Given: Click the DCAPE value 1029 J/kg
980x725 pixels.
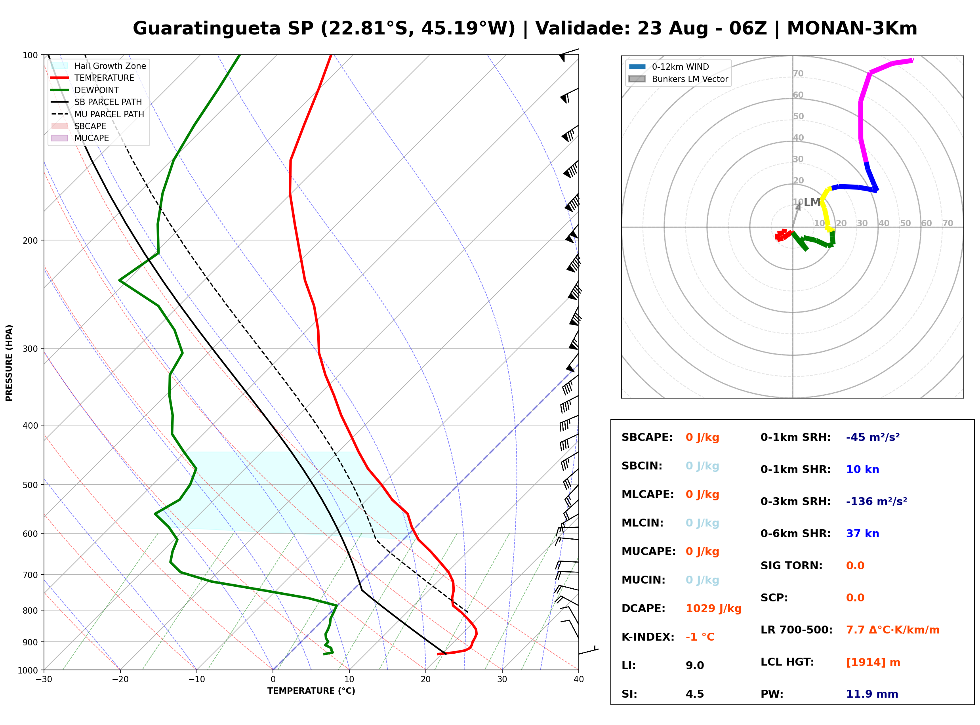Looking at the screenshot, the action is pyautogui.click(x=713, y=608).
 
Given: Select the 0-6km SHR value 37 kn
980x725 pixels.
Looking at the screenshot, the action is pyautogui.click(x=862, y=533).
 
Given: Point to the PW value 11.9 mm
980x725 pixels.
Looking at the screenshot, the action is pyautogui.click(x=872, y=694).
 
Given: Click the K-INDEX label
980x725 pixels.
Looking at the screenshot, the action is pyautogui.click(x=648, y=637).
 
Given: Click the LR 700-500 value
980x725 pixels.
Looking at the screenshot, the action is pyautogui.click(x=893, y=630).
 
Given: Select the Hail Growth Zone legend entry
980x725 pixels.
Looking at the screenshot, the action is pyautogui.click(x=98, y=66).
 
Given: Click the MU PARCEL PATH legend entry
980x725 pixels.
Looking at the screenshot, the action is pyautogui.click(x=97, y=114).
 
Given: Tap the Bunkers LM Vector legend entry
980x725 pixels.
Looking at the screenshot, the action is pyautogui.click(x=678, y=79).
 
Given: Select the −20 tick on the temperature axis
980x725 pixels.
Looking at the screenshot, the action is pyautogui.click(x=120, y=679).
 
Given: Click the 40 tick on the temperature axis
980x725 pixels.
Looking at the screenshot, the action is pyautogui.click(x=578, y=679).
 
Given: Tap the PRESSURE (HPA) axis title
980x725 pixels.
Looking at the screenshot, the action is pyautogui.click(x=9, y=363).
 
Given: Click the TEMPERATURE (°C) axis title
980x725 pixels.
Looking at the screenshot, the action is pyautogui.click(x=311, y=691).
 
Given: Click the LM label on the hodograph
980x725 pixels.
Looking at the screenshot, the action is pyautogui.click(x=812, y=202).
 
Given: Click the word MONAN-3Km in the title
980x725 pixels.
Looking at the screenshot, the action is pyautogui.click(x=852, y=29).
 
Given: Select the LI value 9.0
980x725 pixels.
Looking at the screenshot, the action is pyautogui.click(x=695, y=665).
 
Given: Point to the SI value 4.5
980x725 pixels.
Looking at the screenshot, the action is pyautogui.click(x=695, y=694).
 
